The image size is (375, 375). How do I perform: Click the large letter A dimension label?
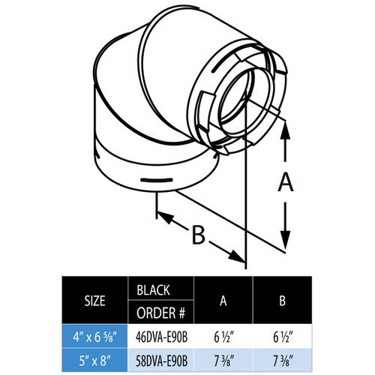click(283, 181)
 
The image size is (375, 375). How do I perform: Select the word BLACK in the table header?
click(153, 289)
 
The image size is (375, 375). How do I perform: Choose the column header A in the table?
click(223, 300)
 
